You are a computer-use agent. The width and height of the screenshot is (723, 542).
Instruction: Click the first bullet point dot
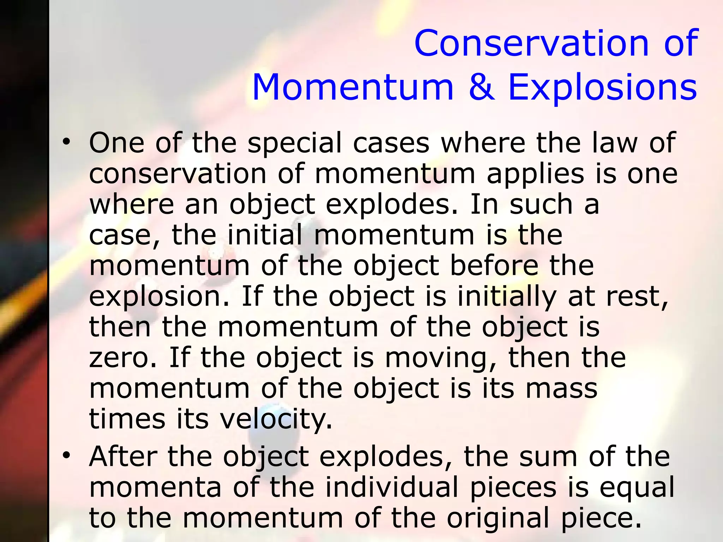click(x=66, y=142)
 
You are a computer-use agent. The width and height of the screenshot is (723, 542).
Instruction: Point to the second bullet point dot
click(x=66, y=456)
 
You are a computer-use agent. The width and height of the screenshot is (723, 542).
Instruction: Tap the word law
click(x=615, y=143)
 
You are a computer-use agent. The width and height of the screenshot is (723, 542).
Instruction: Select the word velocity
click(x=276, y=420)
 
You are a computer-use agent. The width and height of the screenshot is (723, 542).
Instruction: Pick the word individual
click(x=392, y=487)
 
